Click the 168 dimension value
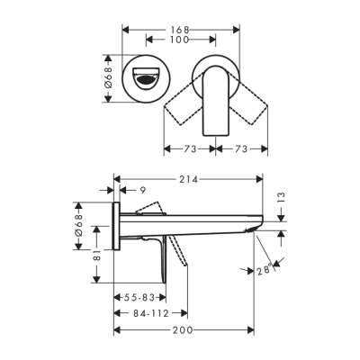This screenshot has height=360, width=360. pos(180,28)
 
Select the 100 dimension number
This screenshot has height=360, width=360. pos(180,40)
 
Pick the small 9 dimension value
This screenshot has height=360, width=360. pos(142,190)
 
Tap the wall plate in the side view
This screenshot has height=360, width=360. pos(115,227)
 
